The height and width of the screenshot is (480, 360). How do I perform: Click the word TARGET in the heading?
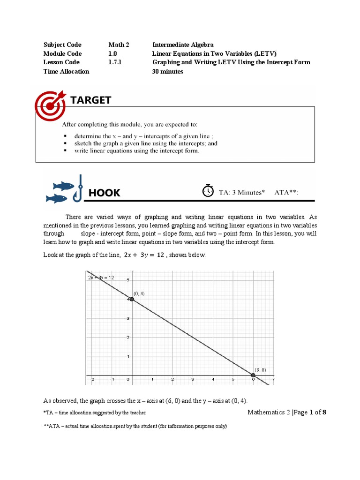[90, 100]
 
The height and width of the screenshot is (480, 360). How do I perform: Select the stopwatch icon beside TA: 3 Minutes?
[208, 191]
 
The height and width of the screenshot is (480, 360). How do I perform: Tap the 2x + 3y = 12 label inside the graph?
[101, 277]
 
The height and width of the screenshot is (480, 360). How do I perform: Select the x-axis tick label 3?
[193, 379]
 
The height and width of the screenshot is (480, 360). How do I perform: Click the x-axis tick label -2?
[92, 379]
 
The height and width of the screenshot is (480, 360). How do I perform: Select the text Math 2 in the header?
[118, 45]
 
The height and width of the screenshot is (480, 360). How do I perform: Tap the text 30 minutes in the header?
[168, 71]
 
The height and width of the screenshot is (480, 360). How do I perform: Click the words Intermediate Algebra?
[183, 45]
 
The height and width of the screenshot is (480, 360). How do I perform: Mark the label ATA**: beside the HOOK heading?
[286, 192]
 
